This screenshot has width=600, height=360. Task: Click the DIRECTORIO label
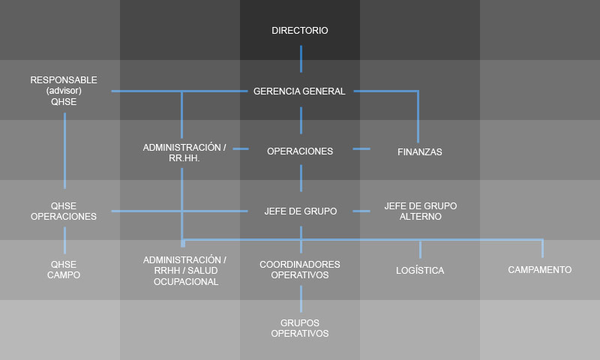299,31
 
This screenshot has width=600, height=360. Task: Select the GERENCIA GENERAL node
299,91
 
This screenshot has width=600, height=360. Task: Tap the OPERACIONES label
300,151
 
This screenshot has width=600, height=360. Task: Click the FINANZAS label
420,152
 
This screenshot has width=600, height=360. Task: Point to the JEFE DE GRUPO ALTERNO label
421,211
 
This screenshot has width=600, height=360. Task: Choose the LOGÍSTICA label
420,271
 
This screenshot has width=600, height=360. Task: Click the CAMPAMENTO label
539,270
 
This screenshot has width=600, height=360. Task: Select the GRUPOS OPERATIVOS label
299,328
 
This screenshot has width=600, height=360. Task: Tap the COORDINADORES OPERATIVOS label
299,270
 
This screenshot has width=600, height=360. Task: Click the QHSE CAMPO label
64,270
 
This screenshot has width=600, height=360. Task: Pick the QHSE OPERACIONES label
64,211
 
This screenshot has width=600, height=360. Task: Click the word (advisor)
64,91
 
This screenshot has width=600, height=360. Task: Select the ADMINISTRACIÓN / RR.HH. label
184,153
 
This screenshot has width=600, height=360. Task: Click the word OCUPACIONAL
186,282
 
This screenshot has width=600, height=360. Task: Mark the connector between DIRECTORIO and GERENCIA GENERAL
301,59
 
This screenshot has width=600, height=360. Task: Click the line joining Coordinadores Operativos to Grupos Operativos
301,298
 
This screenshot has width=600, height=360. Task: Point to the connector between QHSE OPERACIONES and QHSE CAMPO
64,240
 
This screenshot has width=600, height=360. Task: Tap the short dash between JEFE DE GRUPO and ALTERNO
361,211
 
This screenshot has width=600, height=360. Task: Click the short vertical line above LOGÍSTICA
420,250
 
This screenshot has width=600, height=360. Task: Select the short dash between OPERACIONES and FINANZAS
361,148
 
